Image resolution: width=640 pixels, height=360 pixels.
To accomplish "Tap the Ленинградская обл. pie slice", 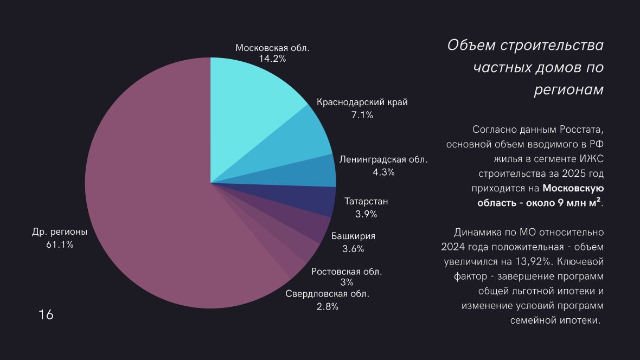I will [315, 172].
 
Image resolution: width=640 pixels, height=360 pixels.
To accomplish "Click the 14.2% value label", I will [272, 59].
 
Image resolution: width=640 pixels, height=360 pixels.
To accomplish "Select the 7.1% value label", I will [362, 115].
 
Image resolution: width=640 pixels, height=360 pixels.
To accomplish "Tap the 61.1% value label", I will [60, 245].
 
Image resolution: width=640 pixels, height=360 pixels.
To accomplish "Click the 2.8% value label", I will [328, 306].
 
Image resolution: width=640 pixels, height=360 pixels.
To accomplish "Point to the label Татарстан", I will [366, 202].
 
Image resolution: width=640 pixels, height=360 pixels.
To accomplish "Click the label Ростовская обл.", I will [347, 272].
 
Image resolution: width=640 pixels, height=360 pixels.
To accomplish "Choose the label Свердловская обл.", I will [328, 294].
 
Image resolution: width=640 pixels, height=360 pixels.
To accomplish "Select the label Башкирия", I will [353, 236].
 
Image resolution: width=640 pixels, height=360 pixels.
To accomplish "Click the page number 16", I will [46, 314].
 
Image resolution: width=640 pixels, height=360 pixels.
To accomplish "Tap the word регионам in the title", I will [568, 90].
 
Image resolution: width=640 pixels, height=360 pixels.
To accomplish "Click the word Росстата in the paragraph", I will [580, 130].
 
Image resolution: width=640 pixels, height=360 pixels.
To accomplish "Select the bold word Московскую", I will [573, 189].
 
